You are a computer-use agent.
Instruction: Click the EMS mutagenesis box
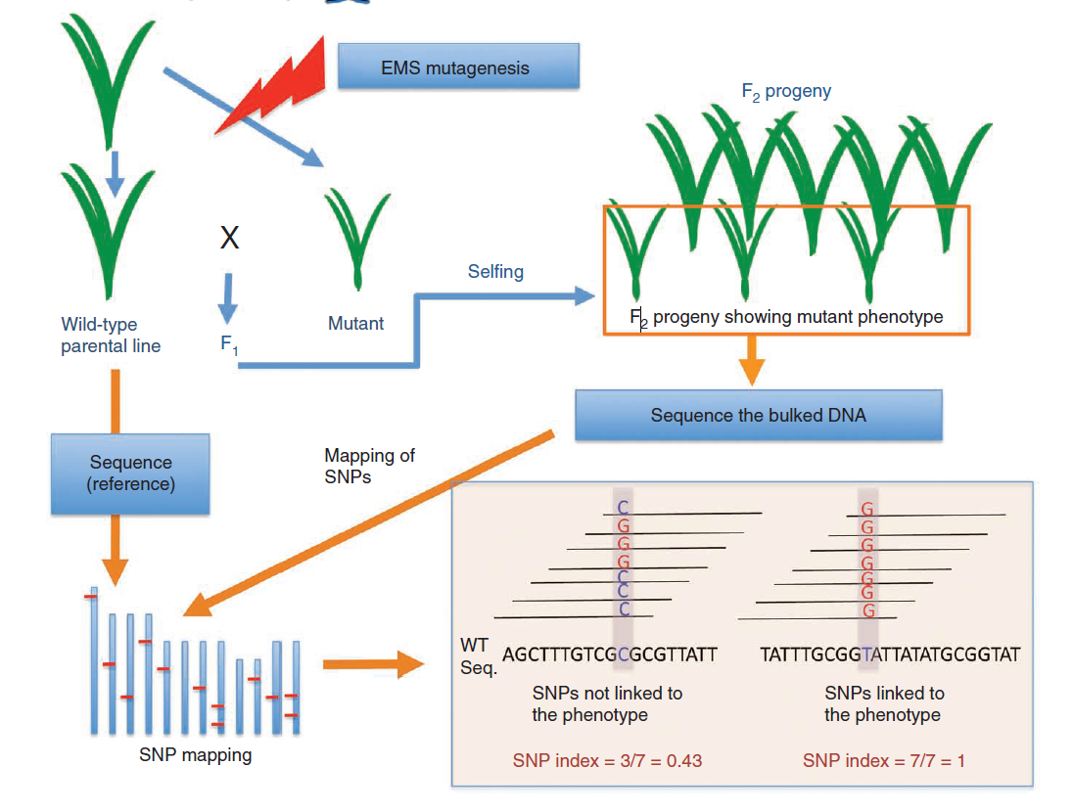pos(458,68)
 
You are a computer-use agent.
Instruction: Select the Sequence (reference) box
pos(130,474)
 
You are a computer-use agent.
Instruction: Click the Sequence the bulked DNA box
pos(758,415)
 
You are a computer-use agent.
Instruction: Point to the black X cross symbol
pos(229,238)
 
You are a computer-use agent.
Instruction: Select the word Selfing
pos(495,271)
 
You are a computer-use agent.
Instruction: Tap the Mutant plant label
pos(355,323)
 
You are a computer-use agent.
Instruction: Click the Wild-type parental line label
pos(111,335)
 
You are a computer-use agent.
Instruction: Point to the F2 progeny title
pos(786,92)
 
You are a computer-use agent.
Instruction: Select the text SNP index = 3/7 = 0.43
pos(607,760)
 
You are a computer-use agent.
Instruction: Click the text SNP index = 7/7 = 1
pos(884,760)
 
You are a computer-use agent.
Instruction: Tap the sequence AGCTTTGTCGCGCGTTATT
pos(610,654)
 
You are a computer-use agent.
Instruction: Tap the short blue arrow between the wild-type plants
pos(116,172)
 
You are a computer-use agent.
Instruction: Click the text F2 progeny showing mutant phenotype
pos(787,317)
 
